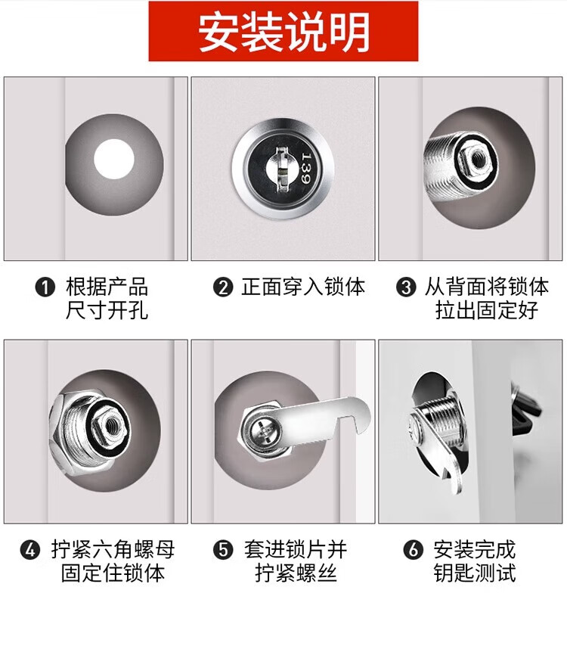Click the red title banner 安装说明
[x=283, y=31]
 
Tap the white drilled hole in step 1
[x=114, y=159]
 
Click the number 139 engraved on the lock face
[x=306, y=168]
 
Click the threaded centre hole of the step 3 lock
[x=479, y=157]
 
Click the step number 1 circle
[x=45, y=287]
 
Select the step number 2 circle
[x=223, y=287]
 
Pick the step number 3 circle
[x=406, y=287]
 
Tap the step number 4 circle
[x=30, y=550]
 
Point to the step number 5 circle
[x=223, y=550]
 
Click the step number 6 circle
[x=414, y=550]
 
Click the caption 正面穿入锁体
[x=303, y=287]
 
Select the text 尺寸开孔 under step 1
[x=107, y=310]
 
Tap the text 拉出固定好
[x=487, y=310]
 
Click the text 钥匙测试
[x=474, y=573]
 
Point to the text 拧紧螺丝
[x=296, y=573]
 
